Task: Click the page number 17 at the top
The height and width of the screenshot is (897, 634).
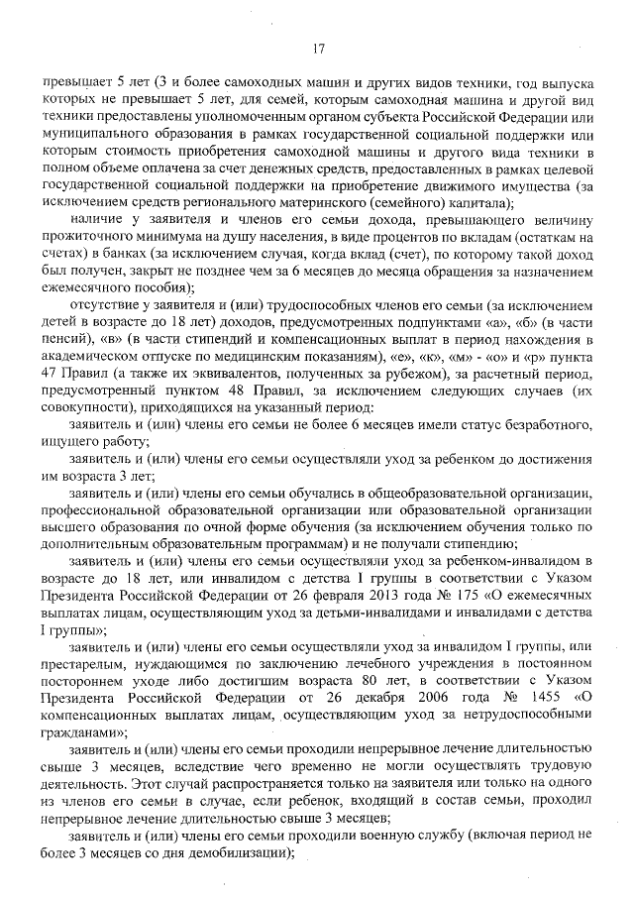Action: coord(318,48)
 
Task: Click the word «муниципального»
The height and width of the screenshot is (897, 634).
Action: coord(94,132)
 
